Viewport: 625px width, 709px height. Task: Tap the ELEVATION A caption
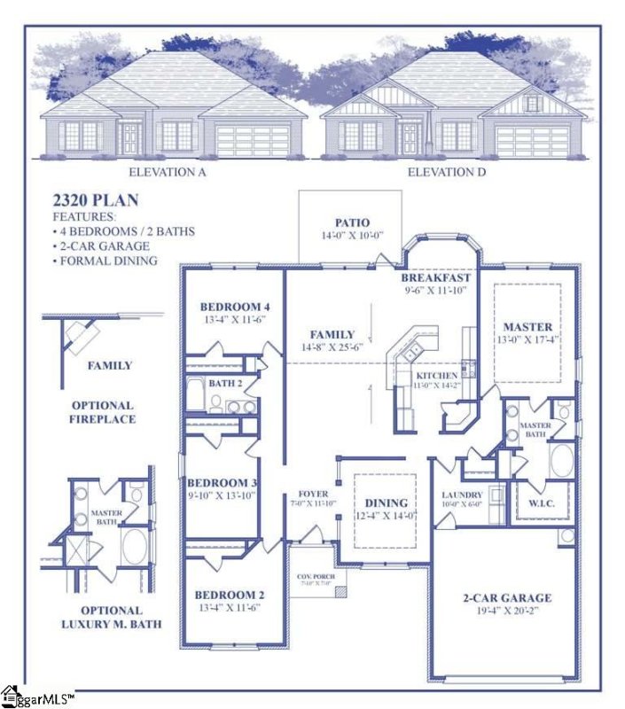[168, 172]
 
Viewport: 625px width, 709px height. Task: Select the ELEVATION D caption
[447, 172]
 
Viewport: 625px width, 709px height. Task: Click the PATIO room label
[352, 222]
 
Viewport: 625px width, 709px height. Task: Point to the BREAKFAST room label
[436, 277]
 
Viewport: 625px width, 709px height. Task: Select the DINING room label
[386, 503]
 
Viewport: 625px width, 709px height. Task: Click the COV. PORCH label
[316, 576]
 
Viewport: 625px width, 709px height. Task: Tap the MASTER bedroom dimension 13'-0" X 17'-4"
[527, 339]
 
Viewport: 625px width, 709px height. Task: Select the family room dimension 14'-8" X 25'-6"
[332, 347]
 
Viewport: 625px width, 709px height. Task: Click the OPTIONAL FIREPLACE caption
[104, 412]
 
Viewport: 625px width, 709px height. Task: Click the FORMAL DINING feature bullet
[105, 261]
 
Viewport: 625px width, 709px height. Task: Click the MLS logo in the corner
[35, 696]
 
